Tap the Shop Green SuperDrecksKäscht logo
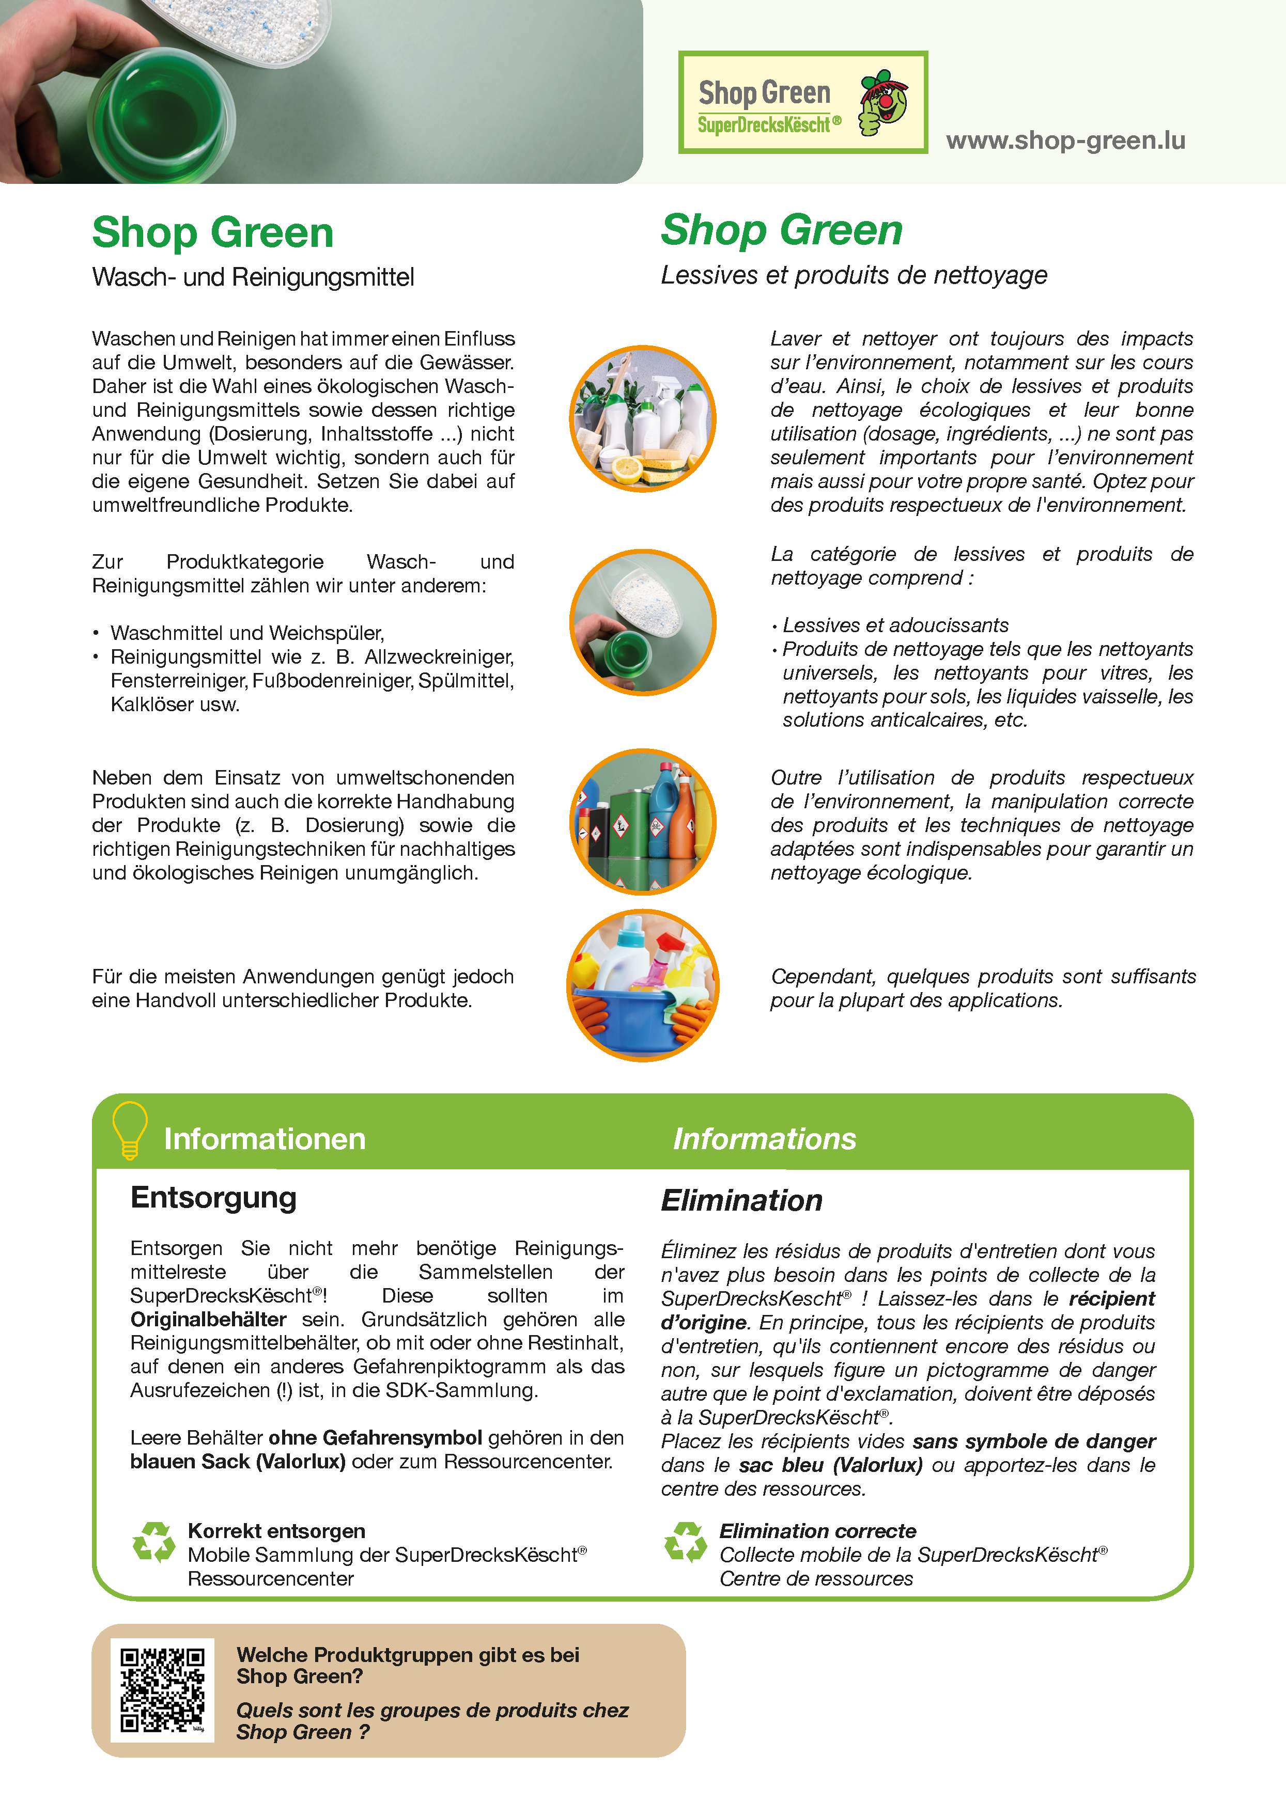click(x=802, y=103)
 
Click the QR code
click(x=162, y=1690)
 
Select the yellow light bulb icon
click(x=130, y=1130)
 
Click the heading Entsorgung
click(x=213, y=1197)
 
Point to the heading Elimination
click(x=741, y=1200)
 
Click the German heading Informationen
click(x=265, y=1139)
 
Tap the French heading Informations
click(x=764, y=1139)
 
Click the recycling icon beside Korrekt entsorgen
click(x=153, y=1542)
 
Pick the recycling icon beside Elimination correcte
click(x=685, y=1542)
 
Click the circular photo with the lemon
click(x=642, y=419)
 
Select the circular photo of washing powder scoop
click(x=642, y=622)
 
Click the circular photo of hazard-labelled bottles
click(x=642, y=822)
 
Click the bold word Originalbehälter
click(x=208, y=1319)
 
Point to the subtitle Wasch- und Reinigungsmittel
click(x=253, y=277)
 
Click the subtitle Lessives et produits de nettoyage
click(x=854, y=275)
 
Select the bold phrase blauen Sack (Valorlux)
click(x=238, y=1461)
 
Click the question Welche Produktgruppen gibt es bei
click(x=408, y=1655)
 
